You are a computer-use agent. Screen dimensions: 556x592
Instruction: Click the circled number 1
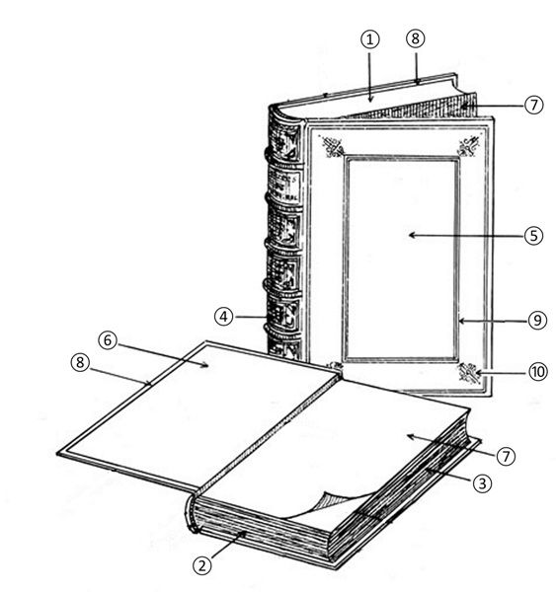pos(370,39)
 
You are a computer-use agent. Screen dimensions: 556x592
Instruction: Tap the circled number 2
pos(202,565)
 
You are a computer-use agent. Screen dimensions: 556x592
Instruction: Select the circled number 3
pos(482,483)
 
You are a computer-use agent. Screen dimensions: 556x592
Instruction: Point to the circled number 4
pos(224,317)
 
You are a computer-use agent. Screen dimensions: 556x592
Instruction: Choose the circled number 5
pos(533,236)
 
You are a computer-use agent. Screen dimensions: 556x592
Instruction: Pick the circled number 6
pos(108,340)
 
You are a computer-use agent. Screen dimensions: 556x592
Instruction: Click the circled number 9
pos(537,321)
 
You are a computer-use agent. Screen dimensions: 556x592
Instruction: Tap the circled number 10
pos(538,372)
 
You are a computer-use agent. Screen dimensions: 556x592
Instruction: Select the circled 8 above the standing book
pos(416,38)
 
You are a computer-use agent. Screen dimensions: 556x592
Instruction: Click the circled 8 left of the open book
pos(80,362)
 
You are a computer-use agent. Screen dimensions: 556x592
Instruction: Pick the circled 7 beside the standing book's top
pos(533,105)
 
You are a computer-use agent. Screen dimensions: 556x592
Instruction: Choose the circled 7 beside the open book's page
pos(506,456)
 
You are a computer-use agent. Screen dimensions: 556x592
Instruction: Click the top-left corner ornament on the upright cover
pos(332,146)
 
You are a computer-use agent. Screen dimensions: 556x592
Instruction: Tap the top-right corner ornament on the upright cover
pos(469,146)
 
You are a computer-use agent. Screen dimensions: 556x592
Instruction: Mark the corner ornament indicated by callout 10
pos(469,373)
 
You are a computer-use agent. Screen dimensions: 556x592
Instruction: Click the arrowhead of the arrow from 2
pos(243,535)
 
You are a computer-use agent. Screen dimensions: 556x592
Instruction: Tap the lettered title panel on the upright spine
pos(284,185)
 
